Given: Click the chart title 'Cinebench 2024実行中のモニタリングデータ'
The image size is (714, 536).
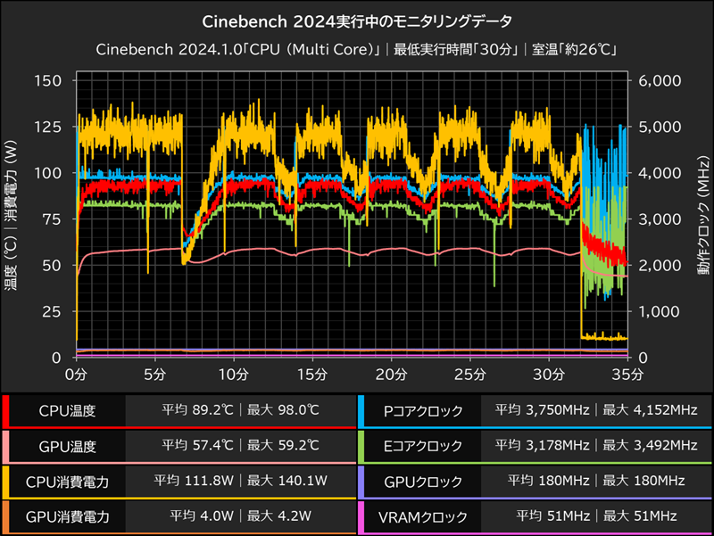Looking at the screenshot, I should (357, 19).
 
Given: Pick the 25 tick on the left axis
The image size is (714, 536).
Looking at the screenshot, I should (51, 311).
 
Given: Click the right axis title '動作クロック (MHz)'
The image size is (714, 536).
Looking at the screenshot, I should (705, 219).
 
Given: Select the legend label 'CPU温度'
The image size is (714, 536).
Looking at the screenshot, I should (67, 411).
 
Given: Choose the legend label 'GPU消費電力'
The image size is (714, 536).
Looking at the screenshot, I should (67, 515).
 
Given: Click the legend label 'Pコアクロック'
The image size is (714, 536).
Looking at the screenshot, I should (421, 411).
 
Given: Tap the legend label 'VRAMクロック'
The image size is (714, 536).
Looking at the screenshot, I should (421, 515).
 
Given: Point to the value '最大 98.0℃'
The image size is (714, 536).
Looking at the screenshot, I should (283, 411).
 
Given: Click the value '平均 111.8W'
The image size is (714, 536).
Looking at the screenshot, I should (191, 482).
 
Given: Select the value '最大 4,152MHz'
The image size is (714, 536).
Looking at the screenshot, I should (650, 411).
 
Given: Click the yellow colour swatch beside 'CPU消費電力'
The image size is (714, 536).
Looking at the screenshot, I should (6, 482).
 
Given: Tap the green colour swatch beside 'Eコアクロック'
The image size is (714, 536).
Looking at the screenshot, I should (361, 446).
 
